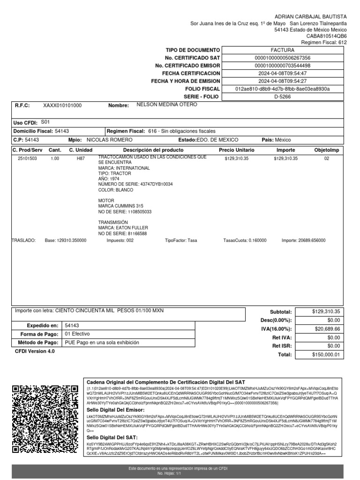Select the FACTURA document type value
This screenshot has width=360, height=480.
[282, 50]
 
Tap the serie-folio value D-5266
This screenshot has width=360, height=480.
[282, 97]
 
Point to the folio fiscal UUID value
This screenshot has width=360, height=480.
[282, 89]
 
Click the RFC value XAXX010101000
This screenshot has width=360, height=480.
[62, 106]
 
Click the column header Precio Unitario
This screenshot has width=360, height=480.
[237, 150]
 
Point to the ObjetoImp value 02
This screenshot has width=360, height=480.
[327, 159]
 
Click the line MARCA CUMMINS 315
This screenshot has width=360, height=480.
[120, 206]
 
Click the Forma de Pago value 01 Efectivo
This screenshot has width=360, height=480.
[77, 334]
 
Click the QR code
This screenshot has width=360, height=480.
[45, 419]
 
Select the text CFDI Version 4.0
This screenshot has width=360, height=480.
[35, 351]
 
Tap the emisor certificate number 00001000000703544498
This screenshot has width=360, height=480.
[282, 65]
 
